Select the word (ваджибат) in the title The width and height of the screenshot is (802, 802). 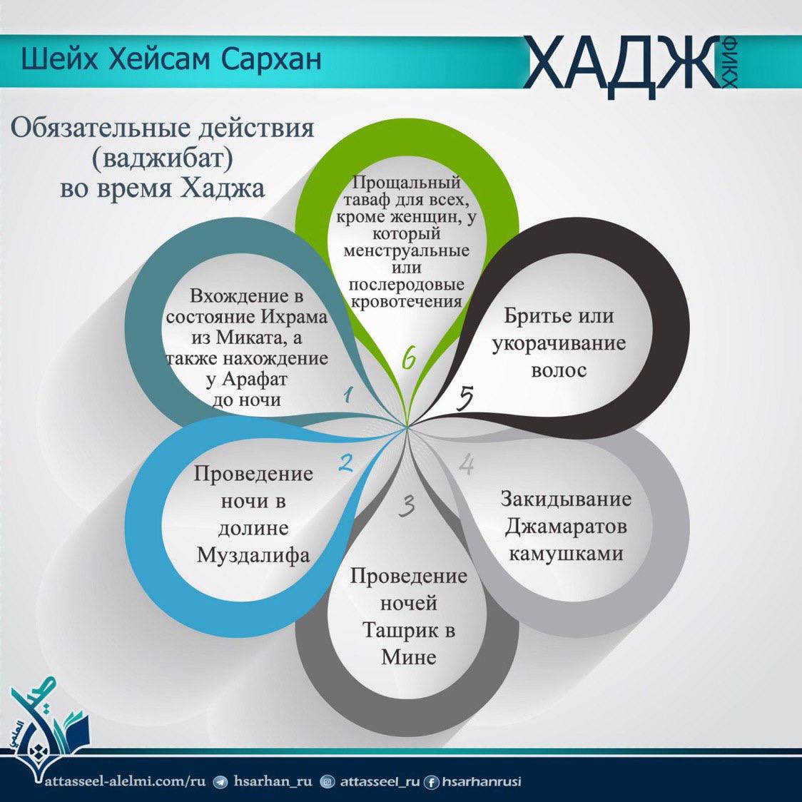[x=162, y=158]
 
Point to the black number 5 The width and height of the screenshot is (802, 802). [x=465, y=398]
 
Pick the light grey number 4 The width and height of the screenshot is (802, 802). [x=466, y=465]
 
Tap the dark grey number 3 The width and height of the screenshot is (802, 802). [x=407, y=505]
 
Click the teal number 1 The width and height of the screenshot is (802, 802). [x=350, y=395]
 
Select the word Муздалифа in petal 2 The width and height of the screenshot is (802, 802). [x=254, y=555]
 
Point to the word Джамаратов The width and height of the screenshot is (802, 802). [x=566, y=527]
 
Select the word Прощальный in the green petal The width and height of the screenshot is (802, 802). [x=407, y=182]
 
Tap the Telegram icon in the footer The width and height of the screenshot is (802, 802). [x=220, y=782]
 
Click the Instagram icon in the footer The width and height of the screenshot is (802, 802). [x=327, y=782]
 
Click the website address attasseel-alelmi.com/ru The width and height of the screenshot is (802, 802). [x=126, y=781]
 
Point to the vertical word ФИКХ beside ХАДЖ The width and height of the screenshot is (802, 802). [x=730, y=62]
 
